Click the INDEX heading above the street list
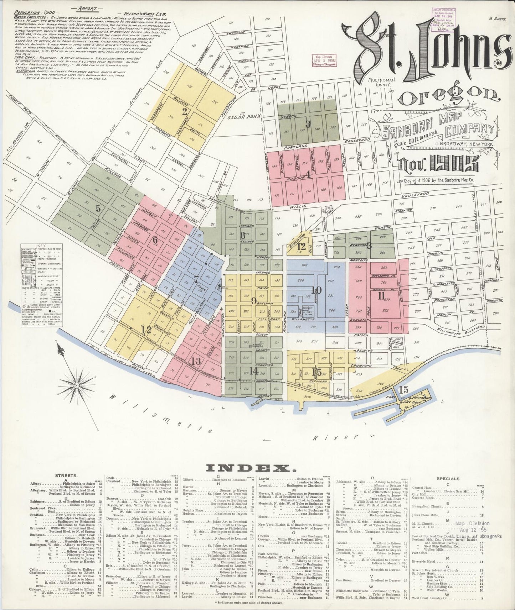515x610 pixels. click(x=257, y=468)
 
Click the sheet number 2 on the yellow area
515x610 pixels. click(x=184, y=112)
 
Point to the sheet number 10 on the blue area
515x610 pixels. click(x=316, y=290)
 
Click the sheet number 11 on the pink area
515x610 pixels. click(x=381, y=296)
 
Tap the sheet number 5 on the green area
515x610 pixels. click(x=98, y=209)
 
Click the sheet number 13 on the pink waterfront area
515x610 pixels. click(x=196, y=361)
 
